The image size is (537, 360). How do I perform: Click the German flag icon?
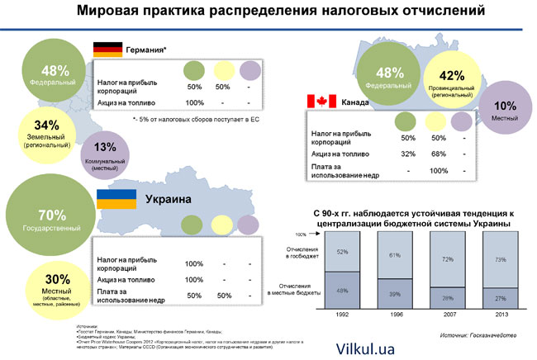pyautogui.click(x=107, y=49)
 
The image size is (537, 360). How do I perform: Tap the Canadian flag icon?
pyautogui.click(x=320, y=102)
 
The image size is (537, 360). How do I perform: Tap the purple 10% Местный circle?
pyautogui.click(x=503, y=111)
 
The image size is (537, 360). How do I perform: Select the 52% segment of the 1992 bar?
pyautogui.click(x=343, y=251)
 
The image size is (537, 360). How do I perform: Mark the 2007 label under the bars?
pyautogui.click(x=447, y=315)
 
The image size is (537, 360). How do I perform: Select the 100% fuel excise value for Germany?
pyautogui.click(x=194, y=102)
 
